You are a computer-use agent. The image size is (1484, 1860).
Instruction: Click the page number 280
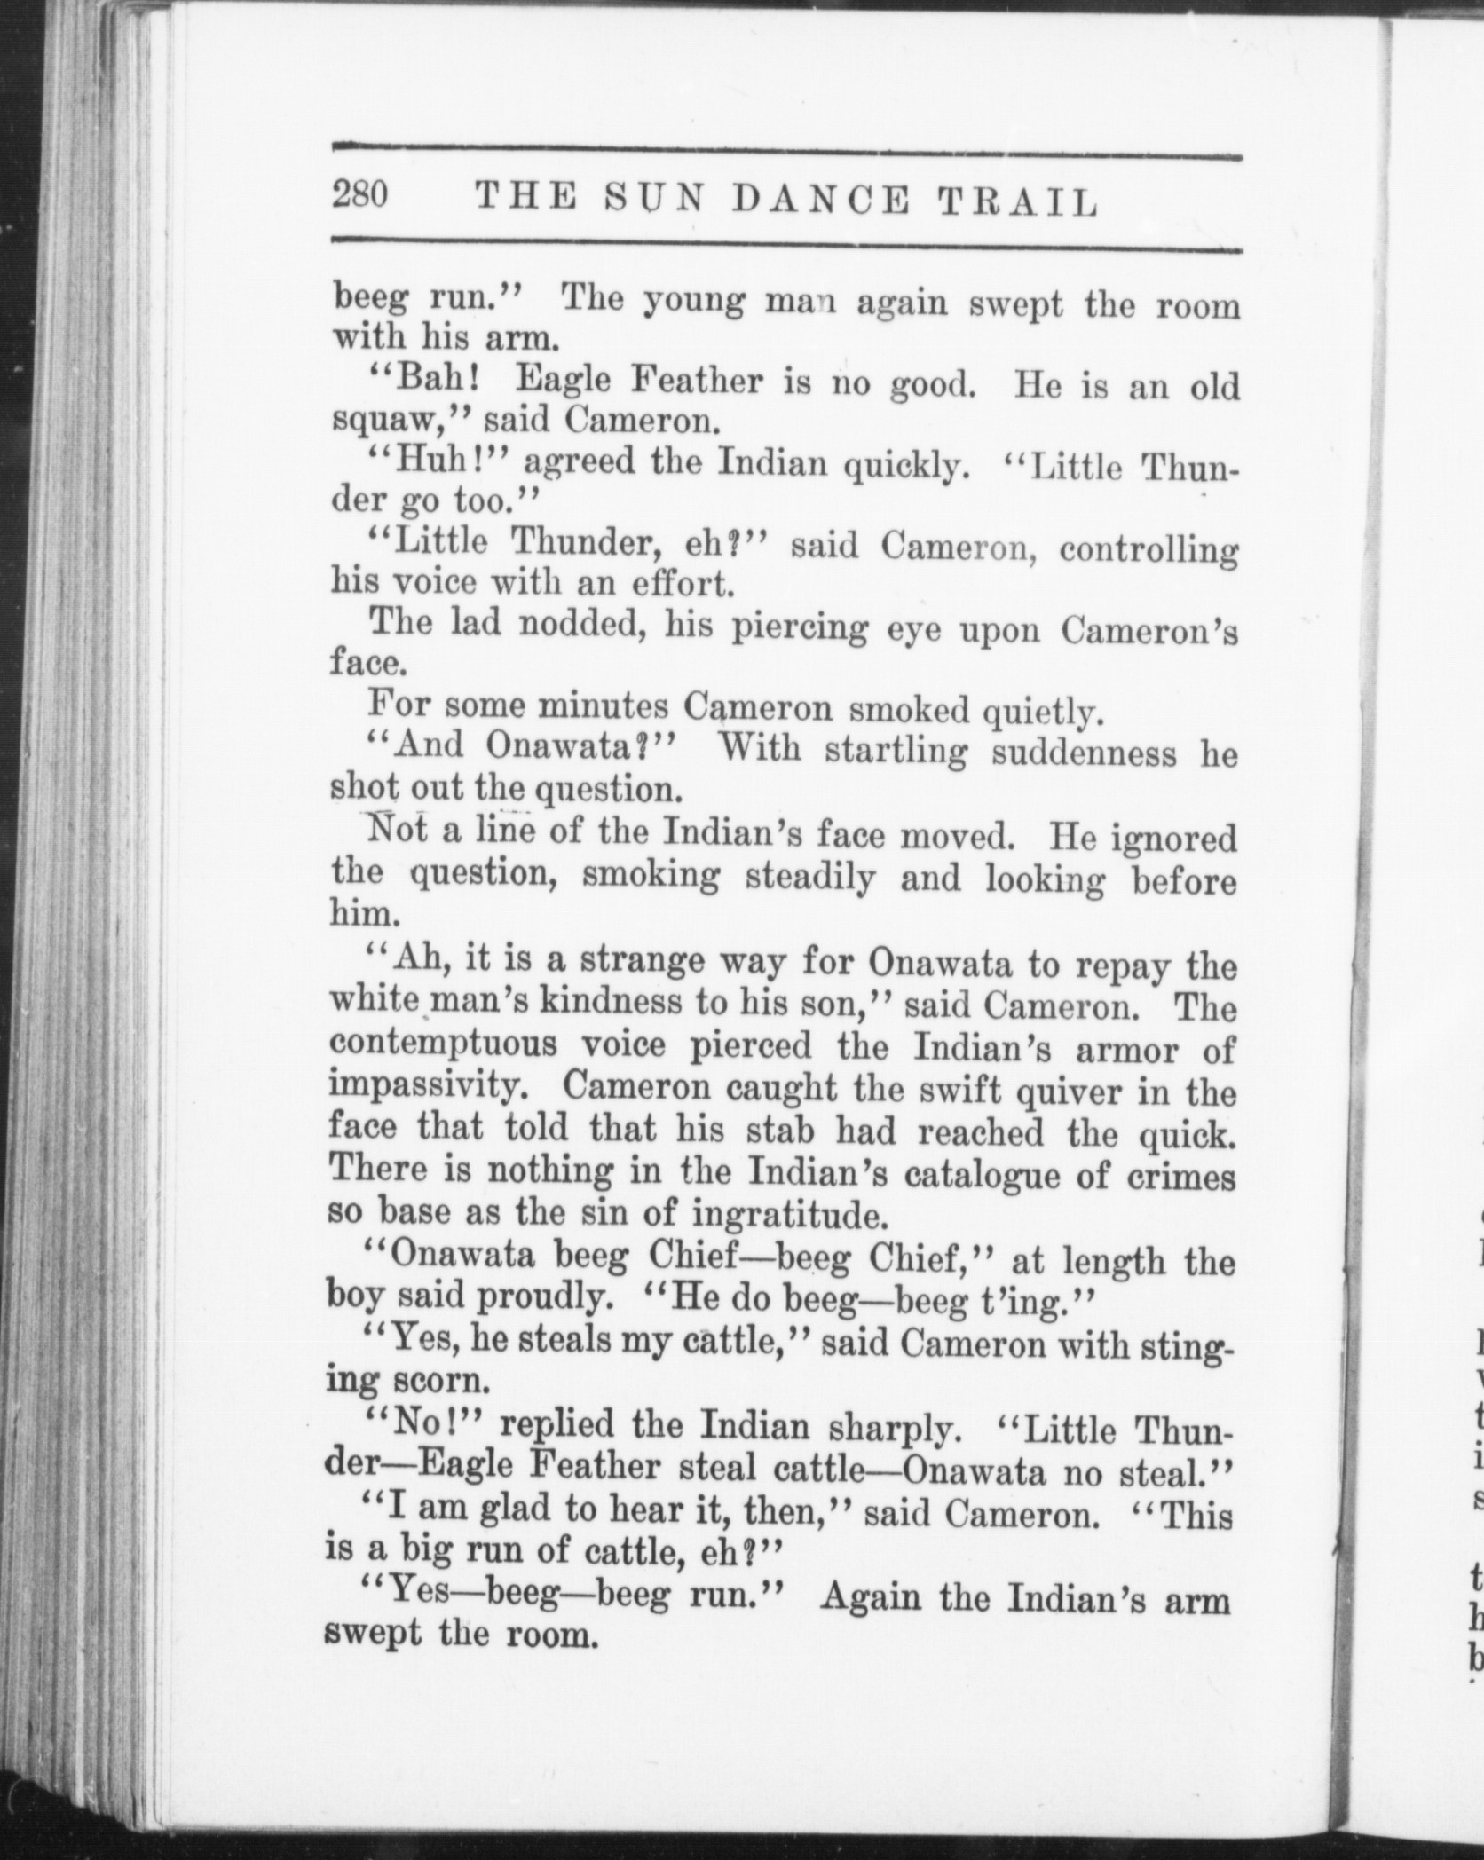pos(360,194)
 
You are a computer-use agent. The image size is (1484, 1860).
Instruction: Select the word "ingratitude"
pos(785,1212)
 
